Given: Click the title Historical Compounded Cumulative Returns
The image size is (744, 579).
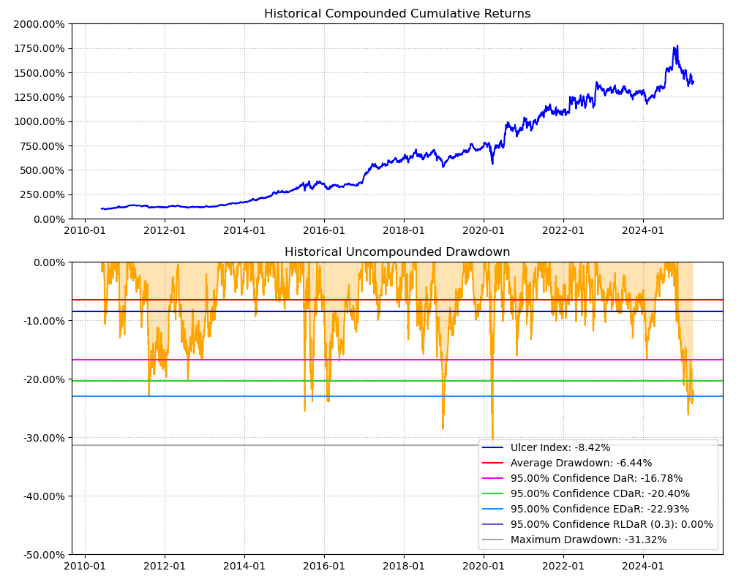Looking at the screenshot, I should (x=397, y=14).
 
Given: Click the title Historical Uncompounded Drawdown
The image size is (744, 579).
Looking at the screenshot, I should (x=397, y=252).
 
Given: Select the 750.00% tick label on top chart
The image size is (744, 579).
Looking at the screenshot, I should (x=42, y=146).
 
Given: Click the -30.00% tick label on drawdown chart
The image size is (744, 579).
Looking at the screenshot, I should (x=42, y=438).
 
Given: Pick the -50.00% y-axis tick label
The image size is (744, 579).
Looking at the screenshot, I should (x=42, y=555).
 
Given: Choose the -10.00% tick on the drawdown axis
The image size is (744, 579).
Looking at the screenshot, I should (x=42, y=321).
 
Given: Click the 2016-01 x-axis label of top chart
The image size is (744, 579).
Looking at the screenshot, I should (x=324, y=231).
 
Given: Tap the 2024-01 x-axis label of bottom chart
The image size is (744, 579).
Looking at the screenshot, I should (x=643, y=567).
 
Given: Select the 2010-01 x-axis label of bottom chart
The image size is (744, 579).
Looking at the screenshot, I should (x=85, y=567).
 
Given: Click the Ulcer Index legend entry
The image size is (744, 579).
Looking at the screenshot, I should (x=560, y=447).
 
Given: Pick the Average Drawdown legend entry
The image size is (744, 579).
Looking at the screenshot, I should (x=581, y=463).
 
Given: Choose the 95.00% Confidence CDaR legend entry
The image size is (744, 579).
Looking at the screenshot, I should (x=600, y=493).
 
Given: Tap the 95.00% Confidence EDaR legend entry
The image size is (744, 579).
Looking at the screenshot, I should (x=600, y=509).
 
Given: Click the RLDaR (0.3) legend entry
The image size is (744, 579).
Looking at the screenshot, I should (x=612, y=524).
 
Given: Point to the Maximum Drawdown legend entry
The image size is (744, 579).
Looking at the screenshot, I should (x=588, y=540).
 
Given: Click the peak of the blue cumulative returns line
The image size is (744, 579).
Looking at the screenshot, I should (x=677, y=45).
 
